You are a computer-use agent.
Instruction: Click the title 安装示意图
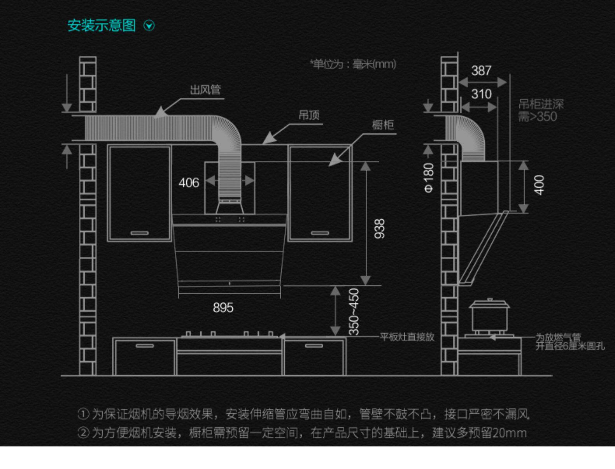[x=102, y=26]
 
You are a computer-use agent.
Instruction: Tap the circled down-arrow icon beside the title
[x=149, y=26]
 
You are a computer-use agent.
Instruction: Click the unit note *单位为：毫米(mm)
[x=353, y=64]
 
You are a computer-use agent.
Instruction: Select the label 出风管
[x=205, y=90]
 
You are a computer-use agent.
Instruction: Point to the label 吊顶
[x=309, y=115]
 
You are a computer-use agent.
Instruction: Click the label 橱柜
[x=383, y=125]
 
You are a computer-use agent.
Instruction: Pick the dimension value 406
[x=189, y=183]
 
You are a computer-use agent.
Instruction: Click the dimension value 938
[x=379, y=228]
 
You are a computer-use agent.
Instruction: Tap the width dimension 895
[x=223, y=308]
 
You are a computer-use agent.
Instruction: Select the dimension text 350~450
[x=354, y=311]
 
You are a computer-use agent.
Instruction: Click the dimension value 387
[x=481, y=70]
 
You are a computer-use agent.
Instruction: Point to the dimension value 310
[x=481, y=94]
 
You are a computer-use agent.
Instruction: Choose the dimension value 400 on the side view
[x=539, y=185]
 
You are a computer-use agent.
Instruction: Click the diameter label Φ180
[x=428, y=177]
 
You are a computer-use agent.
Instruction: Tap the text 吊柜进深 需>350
[x=540, y=110]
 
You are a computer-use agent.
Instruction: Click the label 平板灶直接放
[x=407, y=337]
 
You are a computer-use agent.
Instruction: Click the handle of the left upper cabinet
[x=139, y=233]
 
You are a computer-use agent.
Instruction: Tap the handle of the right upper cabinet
[x=320, y=233]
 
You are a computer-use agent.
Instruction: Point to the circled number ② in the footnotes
[x=83, y=433]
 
